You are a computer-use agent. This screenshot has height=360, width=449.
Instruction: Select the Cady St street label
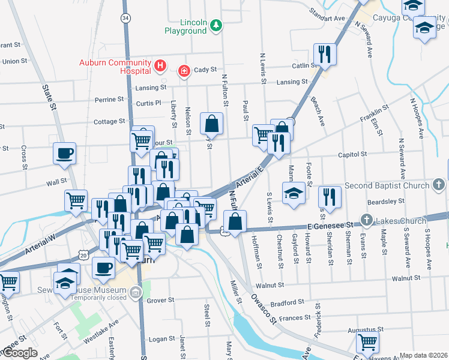pyautogui.click(x=205, y=70)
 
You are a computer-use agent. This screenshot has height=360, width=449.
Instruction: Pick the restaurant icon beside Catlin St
pyautogui.click(x=324, y=53)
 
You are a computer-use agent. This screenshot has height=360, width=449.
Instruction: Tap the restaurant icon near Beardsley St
pyautogui.click(x=330, y=196)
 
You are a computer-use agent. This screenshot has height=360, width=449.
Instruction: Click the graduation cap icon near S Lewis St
pyautogui.click(x=293, y=194)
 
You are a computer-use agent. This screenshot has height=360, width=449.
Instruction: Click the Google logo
pyautogui.click(x=19, y=353)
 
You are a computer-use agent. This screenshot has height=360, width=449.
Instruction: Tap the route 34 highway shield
pyautogui.click(x=125, y=18)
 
